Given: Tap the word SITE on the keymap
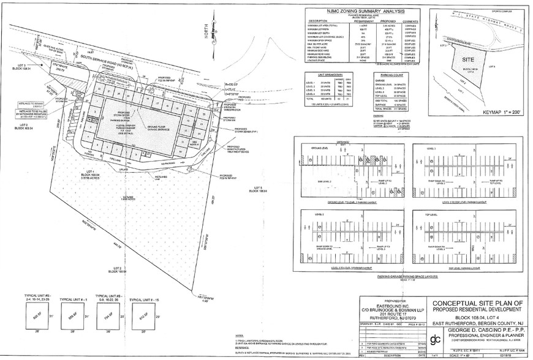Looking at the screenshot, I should pyautogui.click(x=467, y=61).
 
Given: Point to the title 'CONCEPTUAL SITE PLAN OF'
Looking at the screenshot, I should pyautogui.click(x=478, y=303).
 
